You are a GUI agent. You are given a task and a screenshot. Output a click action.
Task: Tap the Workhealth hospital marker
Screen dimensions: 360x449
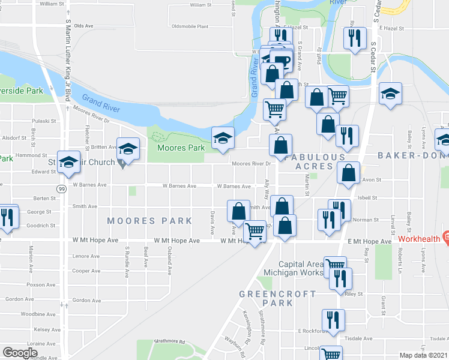tap(445, 238)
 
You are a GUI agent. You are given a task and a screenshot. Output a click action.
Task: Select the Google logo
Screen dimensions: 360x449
tap(20, 352)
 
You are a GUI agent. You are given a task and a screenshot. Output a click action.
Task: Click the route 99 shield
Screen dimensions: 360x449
tap(61, 189)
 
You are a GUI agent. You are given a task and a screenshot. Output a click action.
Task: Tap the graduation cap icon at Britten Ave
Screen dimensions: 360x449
tap(128, 148)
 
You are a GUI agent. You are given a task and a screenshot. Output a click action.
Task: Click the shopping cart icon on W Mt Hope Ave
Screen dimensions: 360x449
tap(256, 230)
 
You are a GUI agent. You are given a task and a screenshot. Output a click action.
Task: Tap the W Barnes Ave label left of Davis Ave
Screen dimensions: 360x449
tap(179, 186)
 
